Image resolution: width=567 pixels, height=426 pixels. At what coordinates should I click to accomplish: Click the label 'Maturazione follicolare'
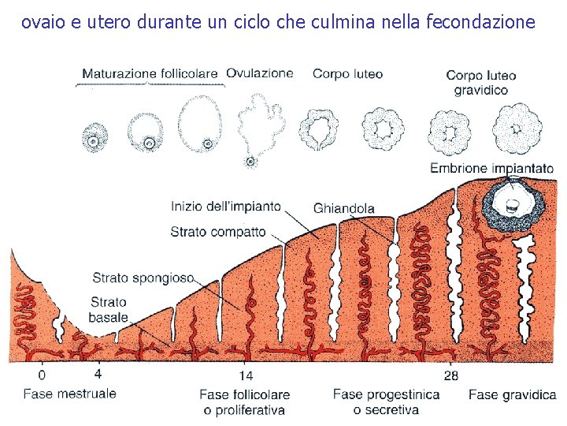point(150,73)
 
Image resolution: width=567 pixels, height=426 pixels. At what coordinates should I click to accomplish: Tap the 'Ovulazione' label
point(260,73)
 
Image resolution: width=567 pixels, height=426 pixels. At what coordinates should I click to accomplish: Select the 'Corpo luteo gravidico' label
point(481,82)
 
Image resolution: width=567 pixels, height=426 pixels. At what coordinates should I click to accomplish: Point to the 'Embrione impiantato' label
point(492,168)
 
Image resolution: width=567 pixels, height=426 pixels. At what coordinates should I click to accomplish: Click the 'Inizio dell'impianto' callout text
point(225,207)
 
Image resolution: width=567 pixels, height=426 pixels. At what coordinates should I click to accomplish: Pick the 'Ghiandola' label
point(343,208)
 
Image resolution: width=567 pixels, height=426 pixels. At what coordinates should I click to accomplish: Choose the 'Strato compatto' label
point(218,232)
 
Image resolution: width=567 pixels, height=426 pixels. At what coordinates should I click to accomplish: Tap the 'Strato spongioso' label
point(143,277)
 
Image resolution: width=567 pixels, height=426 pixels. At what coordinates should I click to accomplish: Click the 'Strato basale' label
point(109,309)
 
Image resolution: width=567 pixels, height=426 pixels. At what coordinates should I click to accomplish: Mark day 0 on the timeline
point(42,376)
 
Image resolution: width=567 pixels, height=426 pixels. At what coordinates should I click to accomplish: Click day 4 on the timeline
point(97,375)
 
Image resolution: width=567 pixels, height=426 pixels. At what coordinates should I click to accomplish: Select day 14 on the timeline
point(246,376)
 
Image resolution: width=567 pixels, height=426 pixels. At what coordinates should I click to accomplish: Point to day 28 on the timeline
point(450,376)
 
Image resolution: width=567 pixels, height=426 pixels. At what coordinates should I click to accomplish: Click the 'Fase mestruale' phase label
point(69,393)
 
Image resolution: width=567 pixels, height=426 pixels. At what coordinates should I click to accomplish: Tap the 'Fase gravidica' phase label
point(512,394)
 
